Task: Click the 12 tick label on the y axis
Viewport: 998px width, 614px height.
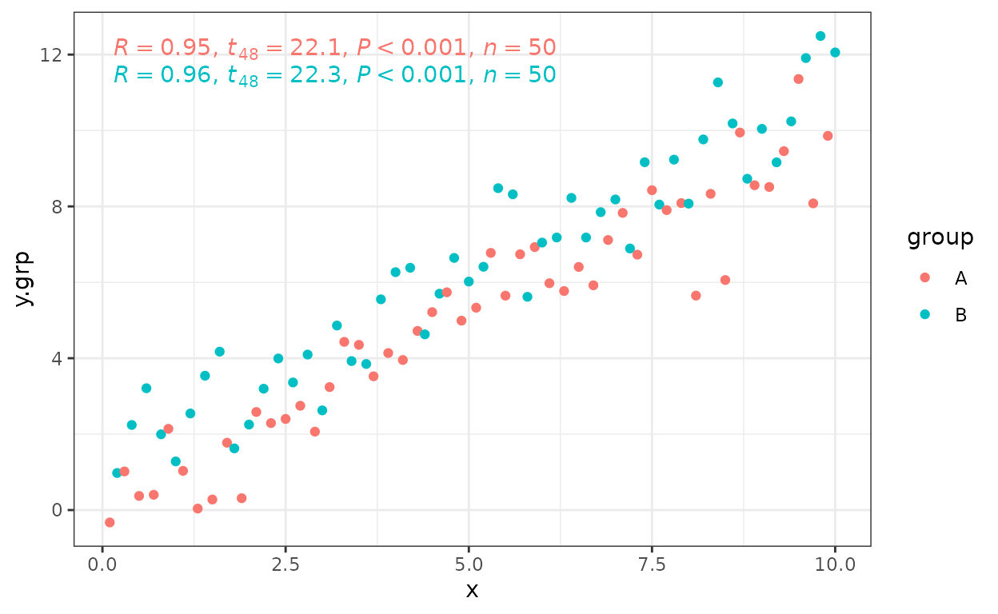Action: click(51, 55)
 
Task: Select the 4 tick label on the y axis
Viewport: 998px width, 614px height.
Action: click(57, 359)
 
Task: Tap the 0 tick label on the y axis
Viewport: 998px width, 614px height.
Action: click(57, 510)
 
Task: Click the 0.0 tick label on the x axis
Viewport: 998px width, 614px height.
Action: click(102, 565)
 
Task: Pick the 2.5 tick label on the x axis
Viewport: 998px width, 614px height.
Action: click(285, 565)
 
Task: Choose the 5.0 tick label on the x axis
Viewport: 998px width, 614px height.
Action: click(469, 565)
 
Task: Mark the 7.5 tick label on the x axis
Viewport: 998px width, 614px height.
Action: click(652, 565)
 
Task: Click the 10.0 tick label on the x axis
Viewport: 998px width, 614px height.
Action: click(835, 565)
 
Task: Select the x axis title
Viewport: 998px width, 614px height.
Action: click(472, 591)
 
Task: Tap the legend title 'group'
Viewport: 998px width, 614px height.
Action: click(940, 237)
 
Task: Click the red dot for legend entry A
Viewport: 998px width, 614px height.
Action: click(925, 277)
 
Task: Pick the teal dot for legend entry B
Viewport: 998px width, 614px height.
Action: click(925, 314)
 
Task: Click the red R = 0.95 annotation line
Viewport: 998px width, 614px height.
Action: click(334, 48)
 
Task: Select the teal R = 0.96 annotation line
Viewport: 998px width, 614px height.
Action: click(334, 75)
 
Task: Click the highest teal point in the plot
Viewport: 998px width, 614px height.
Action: click(820, 36)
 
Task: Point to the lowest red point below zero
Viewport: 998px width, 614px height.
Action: click(110, 522)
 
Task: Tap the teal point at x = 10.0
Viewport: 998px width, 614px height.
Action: click(835, 53)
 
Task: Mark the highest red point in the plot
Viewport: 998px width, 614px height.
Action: click(798, 79)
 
